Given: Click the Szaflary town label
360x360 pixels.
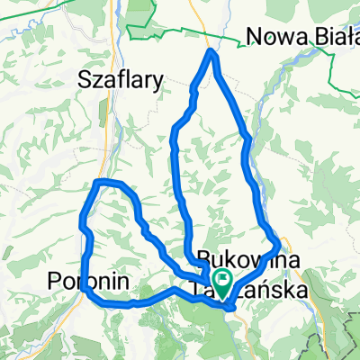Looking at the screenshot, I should (x=121, y=80).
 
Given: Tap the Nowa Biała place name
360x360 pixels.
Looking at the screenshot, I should (x=301, y=38).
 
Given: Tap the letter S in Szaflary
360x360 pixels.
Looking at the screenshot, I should (x=85, y=80).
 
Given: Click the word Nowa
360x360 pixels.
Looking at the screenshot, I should (x=273, y=38).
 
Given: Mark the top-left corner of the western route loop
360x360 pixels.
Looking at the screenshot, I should (x=97, y=184).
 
